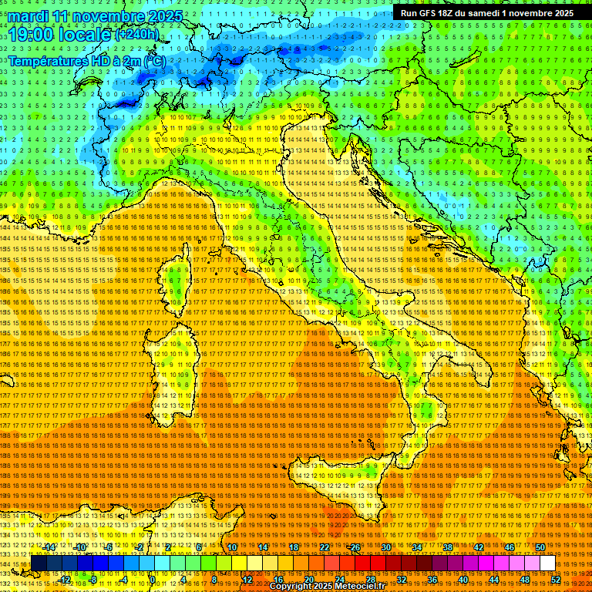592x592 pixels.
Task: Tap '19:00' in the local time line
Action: tap(31, 35)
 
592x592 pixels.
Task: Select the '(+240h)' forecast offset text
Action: tap(138, 34)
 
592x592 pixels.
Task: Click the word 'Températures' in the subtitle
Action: tap(47, 61)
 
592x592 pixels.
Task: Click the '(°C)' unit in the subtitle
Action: tap(153, 61)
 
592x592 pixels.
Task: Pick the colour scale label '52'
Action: tap(556, 580)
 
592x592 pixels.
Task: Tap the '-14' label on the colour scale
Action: tap(49, 547)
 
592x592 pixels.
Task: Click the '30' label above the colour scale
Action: tap(386, 547)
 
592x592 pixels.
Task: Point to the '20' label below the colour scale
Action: tap(309, 580)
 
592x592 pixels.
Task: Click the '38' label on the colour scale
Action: tap(448, 547)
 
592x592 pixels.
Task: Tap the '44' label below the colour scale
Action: tap(494, 580)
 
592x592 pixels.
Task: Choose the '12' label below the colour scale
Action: tap(247, 580)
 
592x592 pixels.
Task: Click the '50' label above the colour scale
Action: tap(540, 547)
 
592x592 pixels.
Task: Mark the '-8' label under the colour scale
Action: tap(94, 580)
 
